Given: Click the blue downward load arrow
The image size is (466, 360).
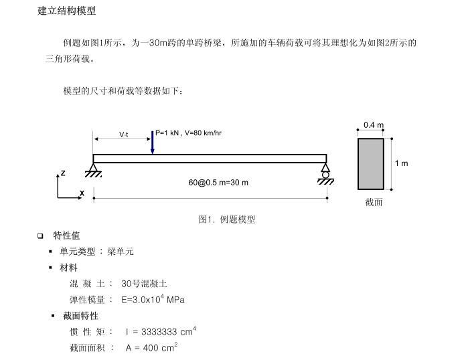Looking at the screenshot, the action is pyautogui.click(x=152, y=143).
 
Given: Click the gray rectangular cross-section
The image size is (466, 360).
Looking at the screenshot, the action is pyautogui.click(x=371, y=164).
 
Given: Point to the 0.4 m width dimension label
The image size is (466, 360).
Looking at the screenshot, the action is pyautogui.click(x=374, y=125).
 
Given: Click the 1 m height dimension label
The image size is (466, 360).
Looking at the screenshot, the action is pyautogui.click(x=401, y=163).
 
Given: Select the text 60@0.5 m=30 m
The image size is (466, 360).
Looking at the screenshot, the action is pyautogui.click(x=218, y=183).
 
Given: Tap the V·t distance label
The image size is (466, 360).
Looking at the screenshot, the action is pyautogui.click(x=124, y=134).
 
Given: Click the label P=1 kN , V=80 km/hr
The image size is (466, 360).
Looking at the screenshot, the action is pyautogui.click(x=188, y=132).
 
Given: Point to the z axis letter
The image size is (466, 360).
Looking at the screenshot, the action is pyautogui.click(x=63, y=173).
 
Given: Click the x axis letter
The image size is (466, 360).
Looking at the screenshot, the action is pyautogui.click(x=82, y=193).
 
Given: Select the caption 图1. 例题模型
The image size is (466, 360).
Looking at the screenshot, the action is pyautogui.click(x=227, y=219).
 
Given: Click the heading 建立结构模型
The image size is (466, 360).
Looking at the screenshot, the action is pyautogui.click(x=66, y=11).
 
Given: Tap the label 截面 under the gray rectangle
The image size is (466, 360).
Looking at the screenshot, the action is pyautogui.click(x=374, y=202).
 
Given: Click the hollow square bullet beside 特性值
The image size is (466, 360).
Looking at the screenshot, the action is pyautogui.click(x=40, y=236).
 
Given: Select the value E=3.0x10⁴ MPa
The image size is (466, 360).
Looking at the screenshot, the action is pyautogui.click(x=153, y=299).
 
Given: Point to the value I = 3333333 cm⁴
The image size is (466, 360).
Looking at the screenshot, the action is pyautogui.click(x=161, y=331).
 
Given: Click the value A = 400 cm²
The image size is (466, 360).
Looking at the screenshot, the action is pyautogui.click(x=151, y=347).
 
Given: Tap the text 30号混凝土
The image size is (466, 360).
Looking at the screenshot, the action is pyautogui.click(x=144, y=284).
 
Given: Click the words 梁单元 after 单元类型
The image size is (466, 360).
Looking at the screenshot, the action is pyautogui.click(x=121, y=252).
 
